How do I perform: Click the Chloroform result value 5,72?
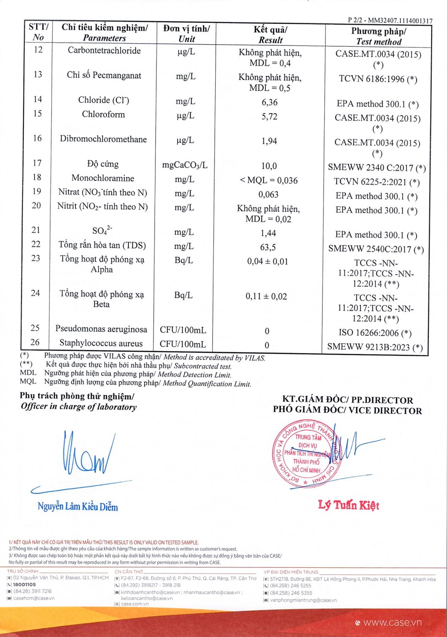click(x=269, y=116)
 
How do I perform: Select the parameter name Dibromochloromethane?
click(x=103, y=139)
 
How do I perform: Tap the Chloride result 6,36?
click(x=270, y=102)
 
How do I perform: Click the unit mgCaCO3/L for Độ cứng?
click(x=185, y=165)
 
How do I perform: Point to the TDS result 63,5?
click(x=268, y=247)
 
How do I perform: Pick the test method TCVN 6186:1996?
click(x=378, y=79)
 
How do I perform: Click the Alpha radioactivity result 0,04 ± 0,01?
click(x=267, y=262)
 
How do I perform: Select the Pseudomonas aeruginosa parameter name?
click(x=101, y=329)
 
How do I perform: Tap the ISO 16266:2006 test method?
click(x=375, y=333)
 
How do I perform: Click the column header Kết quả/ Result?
click(x=270, y=35)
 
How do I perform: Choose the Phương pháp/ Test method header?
click(x=378, y=37)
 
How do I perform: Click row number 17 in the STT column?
click(x=37, y=163)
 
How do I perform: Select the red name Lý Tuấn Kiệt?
click(x=349, y=505)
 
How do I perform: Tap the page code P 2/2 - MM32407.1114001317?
click(x=390, y=20)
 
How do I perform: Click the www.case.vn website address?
click(x=392, y=623)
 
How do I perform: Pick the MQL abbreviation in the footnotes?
click(x=28, y=382)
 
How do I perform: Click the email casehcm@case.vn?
click(x=34, y=598)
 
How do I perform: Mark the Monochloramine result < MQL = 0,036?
click(x=269, y=180)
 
